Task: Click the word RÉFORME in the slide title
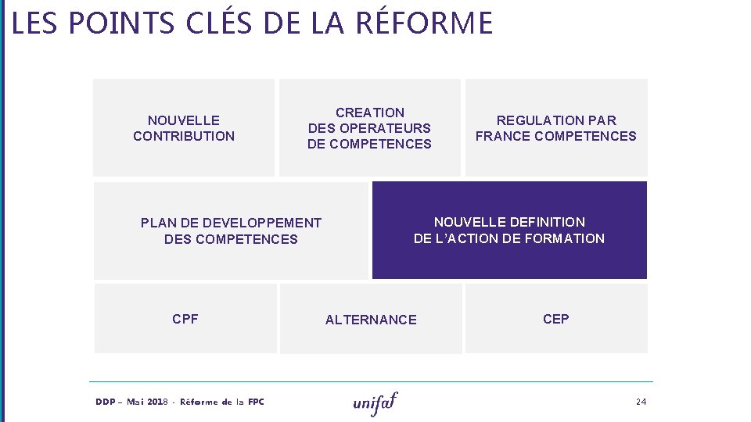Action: pos(424,23)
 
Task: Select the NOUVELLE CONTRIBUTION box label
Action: pos(184,128)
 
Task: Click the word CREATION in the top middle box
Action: pos(370,113)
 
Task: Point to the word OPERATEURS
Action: pos(385,128)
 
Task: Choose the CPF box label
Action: pos(185,319)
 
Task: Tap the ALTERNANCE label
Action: pos(371,320)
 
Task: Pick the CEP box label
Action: pos(556,319)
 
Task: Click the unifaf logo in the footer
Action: pos(375,402)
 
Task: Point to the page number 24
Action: pos(641,402)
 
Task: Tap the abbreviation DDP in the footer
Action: pos(106,402)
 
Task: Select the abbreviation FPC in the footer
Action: pos(256,402)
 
